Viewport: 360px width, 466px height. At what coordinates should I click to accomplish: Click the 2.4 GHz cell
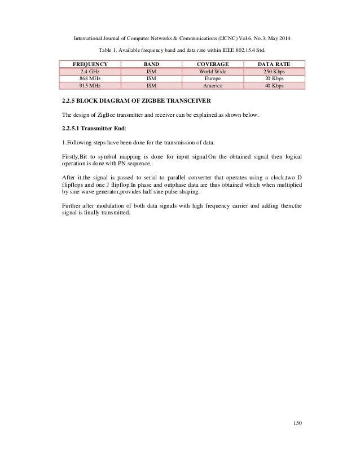coord(87,72)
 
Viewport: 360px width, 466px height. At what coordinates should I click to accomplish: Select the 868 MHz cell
coord(87,79)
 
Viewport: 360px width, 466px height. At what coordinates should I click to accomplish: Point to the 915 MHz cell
coord(87,86)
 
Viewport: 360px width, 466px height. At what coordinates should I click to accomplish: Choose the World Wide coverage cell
coord(213,72)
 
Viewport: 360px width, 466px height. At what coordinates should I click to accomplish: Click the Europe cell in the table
coord(213,79)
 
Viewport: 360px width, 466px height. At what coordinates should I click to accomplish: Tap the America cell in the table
coord(213,86)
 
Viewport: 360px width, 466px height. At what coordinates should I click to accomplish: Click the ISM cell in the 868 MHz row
coord(151,79)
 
